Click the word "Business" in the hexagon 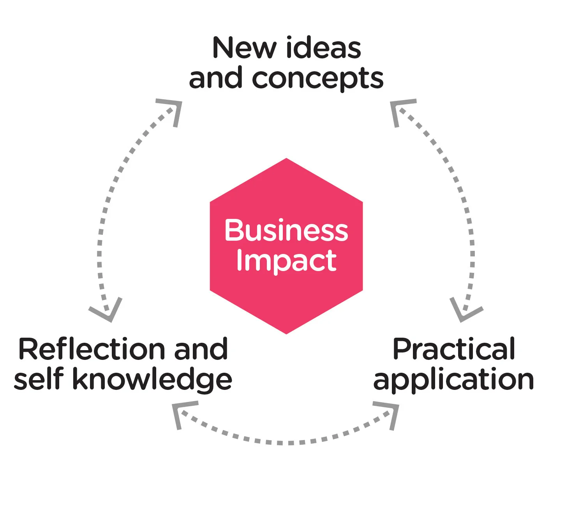286,230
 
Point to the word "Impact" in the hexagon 286,261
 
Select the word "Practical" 454,349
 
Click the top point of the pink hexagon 286,159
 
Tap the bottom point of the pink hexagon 286,333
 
